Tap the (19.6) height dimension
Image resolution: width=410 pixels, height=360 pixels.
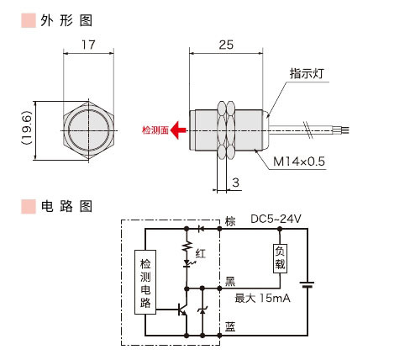click(28, 129)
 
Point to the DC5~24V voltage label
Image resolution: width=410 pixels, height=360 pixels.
click(276, 220)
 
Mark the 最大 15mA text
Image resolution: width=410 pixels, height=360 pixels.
click(264, 298)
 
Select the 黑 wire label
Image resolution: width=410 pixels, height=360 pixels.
click(230, 283)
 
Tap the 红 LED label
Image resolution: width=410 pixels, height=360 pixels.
click(199, 253)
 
